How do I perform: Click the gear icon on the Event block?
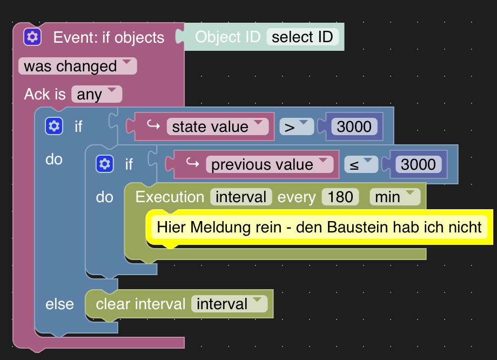[x=32, y=37]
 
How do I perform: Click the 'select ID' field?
[x=303, y=37]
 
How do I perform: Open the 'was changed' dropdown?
[x=77, y=66]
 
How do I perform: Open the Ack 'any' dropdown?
[x=96, y=94]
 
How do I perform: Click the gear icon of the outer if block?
[x=54, y=126]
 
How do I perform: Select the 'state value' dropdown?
[x=217, y=126]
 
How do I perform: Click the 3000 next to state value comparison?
[x=354, y=126]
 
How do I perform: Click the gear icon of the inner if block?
[x=105, y=164]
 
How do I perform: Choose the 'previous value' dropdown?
[x=269, y=164]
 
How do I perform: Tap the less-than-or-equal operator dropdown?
[x=361, y=164]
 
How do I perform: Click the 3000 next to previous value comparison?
[x=418, y=164]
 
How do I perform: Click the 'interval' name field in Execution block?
[x=241, y=197]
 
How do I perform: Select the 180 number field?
[x=340, y=197]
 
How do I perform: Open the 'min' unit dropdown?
[x=394, y=197]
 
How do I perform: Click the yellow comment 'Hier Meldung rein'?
[x=319, y=227]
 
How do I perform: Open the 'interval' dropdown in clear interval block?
[x=229, y=304]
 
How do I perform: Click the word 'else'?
[x=59, y=304]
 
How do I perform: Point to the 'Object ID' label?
[x=227, y=37]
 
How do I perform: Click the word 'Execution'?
[x=170, y=197]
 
